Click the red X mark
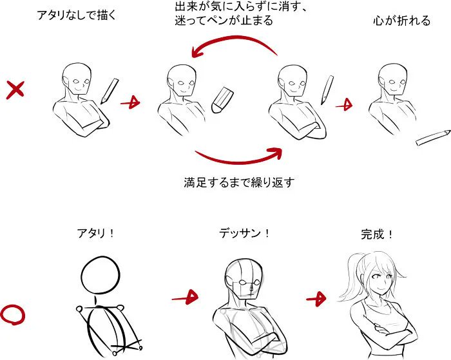point(15,90)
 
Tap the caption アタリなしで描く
point(77,15)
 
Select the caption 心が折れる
point(401,21)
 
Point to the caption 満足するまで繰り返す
point(239,182)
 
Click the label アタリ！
point(96,233)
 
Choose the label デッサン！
point(244,233)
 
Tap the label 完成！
point(377,234)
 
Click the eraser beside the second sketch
point(222,100)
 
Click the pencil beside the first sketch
point(110,91)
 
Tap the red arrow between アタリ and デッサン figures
point(186,298)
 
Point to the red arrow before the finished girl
point(316,299)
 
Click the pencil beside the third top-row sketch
point(327,90)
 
